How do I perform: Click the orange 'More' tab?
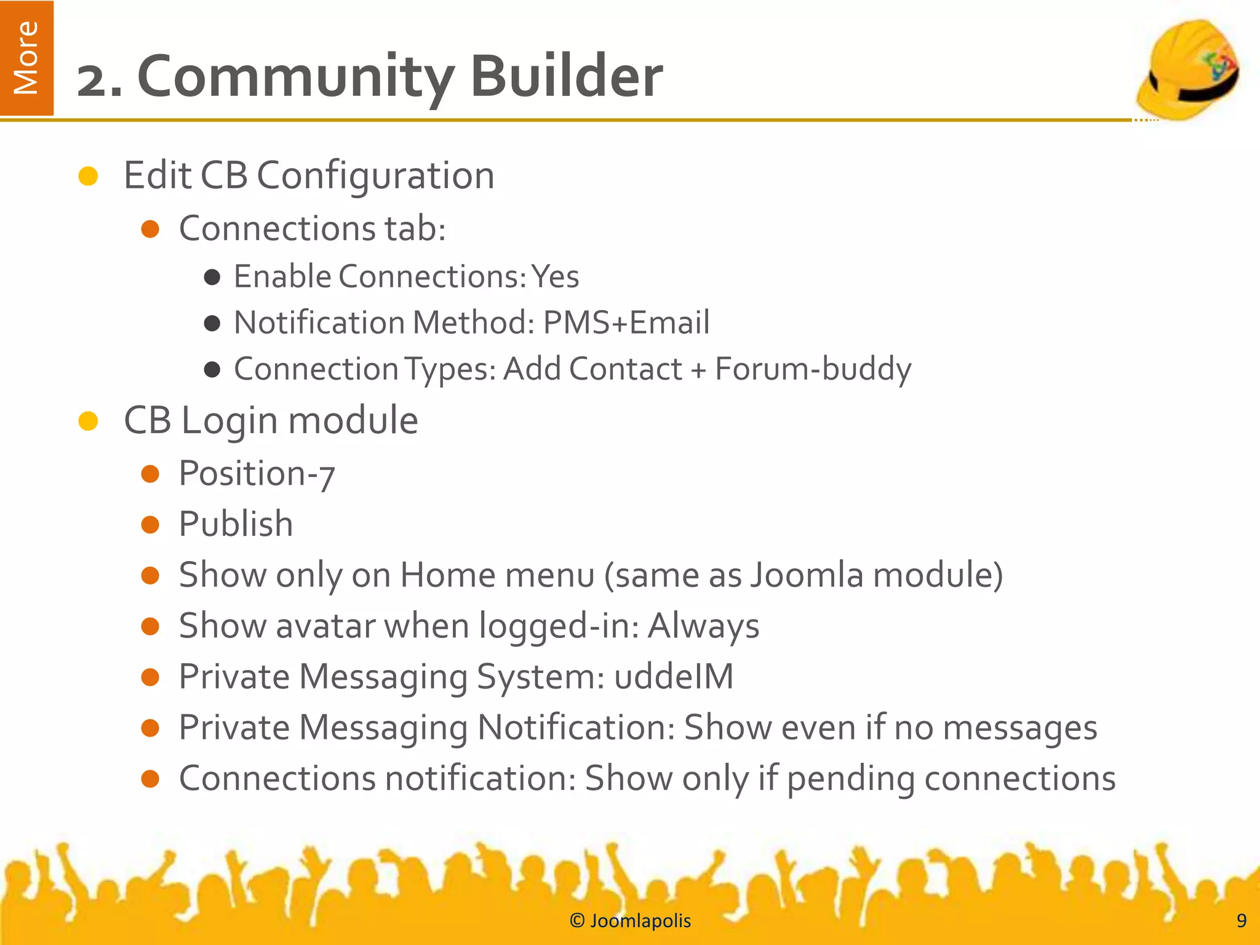[x=26, y=58]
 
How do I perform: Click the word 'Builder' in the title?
[x=566, y=76]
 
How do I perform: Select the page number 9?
[x=1241, y=920]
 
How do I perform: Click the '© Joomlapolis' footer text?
[x=630, y=920]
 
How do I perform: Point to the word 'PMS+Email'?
[x=626, y=322]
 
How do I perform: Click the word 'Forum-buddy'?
[x=813, y=369]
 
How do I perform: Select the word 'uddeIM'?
[x=674, y=677]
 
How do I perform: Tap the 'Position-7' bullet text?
[x=257, y=474]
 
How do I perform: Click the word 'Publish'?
[x=236, y=524]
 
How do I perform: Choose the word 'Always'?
[x=703, y=626]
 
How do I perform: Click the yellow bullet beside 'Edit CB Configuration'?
[x=89, y=176]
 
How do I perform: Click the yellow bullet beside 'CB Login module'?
[x=89, y=421]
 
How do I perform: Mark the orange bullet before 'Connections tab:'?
[x=150, y=229]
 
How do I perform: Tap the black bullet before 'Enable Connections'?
[x=212, y=277]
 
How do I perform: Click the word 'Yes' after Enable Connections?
[x=555, y=276]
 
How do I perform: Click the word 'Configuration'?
[x=375, y=176]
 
